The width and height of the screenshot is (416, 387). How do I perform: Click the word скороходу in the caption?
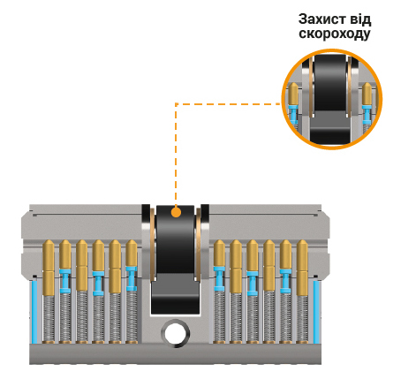pyautogui.click(x=335, y=34)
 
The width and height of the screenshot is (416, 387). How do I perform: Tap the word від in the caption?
pyautogui.click(x=360, y=19)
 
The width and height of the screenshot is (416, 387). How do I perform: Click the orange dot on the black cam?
pyautogui.click(x=176, y=212)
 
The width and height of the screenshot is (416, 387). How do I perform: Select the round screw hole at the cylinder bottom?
pyautogui.click(x=176, y=334)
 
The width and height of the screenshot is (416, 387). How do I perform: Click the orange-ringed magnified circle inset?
pyautogui.click(x=332, y=99)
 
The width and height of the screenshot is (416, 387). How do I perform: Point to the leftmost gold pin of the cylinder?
pyautogui.click(x=49, y=268)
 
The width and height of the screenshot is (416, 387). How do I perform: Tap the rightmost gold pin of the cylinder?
pyautogui.click(x=302, y=268)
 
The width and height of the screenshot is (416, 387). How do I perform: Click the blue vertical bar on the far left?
pyautogui.click(x=35, y=312)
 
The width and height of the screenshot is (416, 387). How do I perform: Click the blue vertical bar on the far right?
pyautogui.click(x=316, y=312)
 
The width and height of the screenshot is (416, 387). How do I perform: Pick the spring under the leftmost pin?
pyautogui.click(x=49, y=319)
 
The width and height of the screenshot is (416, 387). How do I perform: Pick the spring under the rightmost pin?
pyautogui.click(x=302, y=319)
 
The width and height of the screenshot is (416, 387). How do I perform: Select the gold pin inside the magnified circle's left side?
pyautogui.click(x=293, y=94)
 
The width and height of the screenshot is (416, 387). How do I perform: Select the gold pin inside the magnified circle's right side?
pyautogui.click(x=367, y=94)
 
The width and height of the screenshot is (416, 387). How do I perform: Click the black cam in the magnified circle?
pyautogui.click(x=329, y=99)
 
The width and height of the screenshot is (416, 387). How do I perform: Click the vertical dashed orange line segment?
pyautogui.click(x=176, y=156)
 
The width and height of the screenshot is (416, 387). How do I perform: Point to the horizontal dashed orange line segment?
pyautogui.click(x=228, y=103)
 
